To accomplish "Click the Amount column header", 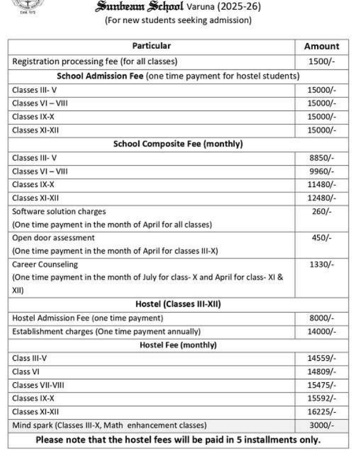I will [x=322, y=46].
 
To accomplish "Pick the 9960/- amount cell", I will [x=322, y=172].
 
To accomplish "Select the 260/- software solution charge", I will [x=322, y=211].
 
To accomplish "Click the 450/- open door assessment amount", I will [x=322, y=238].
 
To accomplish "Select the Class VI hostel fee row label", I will [x=24, y=372].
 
